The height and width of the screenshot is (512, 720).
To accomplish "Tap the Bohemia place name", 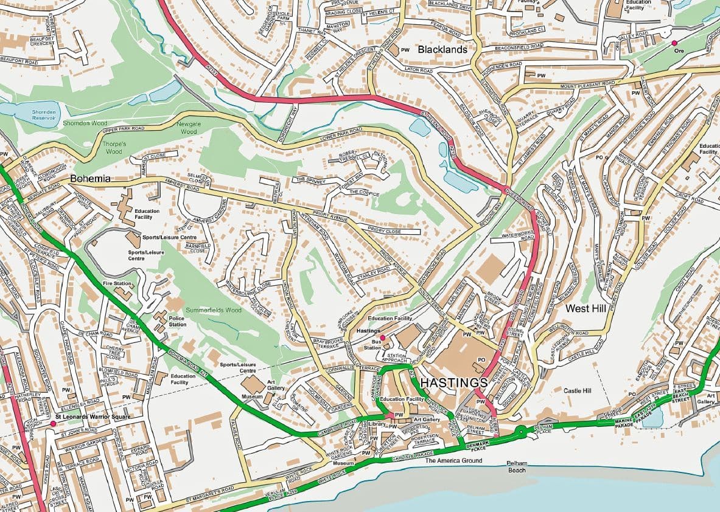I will tap(90, 179).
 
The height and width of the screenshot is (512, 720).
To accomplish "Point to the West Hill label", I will tap(585, 309).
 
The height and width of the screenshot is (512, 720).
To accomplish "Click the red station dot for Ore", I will tap(674, 43).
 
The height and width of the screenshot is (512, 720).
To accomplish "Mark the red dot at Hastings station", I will tap(382, 337).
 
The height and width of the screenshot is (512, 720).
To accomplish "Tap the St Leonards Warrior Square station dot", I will tap(53, 423).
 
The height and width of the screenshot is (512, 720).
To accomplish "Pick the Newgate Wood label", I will tap(189, 128).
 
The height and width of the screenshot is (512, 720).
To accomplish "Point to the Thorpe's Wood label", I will tap(114, 148).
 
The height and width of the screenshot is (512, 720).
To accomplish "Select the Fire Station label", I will tap(118, 283).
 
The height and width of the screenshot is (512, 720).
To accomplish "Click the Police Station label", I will tap(177, 320).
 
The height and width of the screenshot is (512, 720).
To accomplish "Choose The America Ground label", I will tap(453, 461).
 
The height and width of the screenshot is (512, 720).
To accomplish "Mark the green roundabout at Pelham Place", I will tap(521, 432).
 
